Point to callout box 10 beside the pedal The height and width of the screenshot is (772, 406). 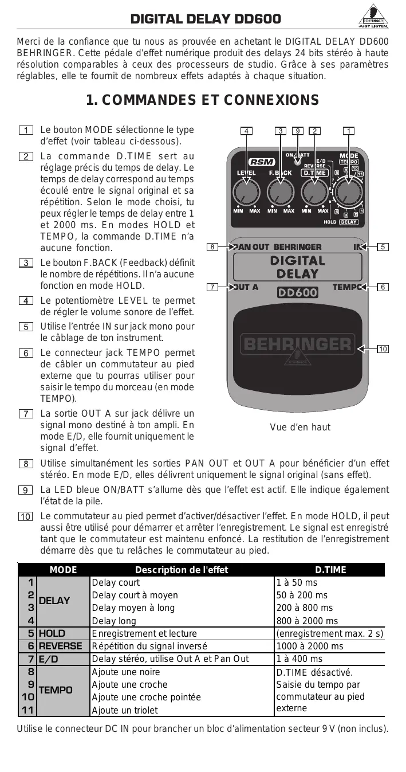point(383,348)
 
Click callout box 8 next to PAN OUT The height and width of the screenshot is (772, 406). point(212,247)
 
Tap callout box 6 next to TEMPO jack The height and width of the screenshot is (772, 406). point(383,287)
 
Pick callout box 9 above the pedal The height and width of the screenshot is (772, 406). point(297,131)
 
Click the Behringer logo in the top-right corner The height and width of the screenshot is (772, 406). point(373,18)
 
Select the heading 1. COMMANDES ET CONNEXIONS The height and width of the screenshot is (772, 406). point(203,100)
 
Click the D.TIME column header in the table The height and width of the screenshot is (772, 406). point(330,570)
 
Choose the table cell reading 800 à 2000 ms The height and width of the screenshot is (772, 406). point(307,621)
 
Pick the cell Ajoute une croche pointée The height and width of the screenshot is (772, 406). point(147,697)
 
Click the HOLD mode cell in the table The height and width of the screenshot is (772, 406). point(52,633)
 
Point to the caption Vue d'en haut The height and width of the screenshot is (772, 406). point(300,428)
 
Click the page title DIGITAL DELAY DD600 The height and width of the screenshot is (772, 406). point(206,19)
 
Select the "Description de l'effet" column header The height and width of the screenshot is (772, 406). point(182,570)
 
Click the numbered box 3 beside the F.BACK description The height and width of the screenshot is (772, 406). point(26,262)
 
